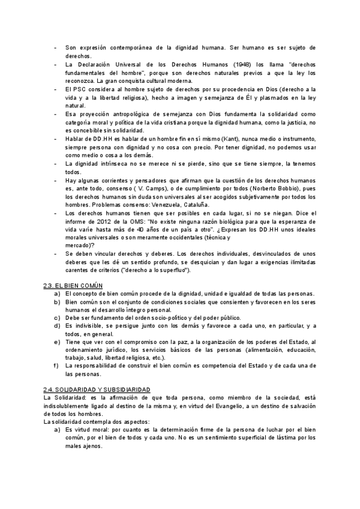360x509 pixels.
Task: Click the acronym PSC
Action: pyautogui.click(x=80, y=89)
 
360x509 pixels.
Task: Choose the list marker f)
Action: pyautogui.click(x=56, y=365)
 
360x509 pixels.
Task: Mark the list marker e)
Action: pyautogui.click(x=56, y=341)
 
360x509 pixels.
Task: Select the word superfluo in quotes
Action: pyautogui.click(x=171, y=270)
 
